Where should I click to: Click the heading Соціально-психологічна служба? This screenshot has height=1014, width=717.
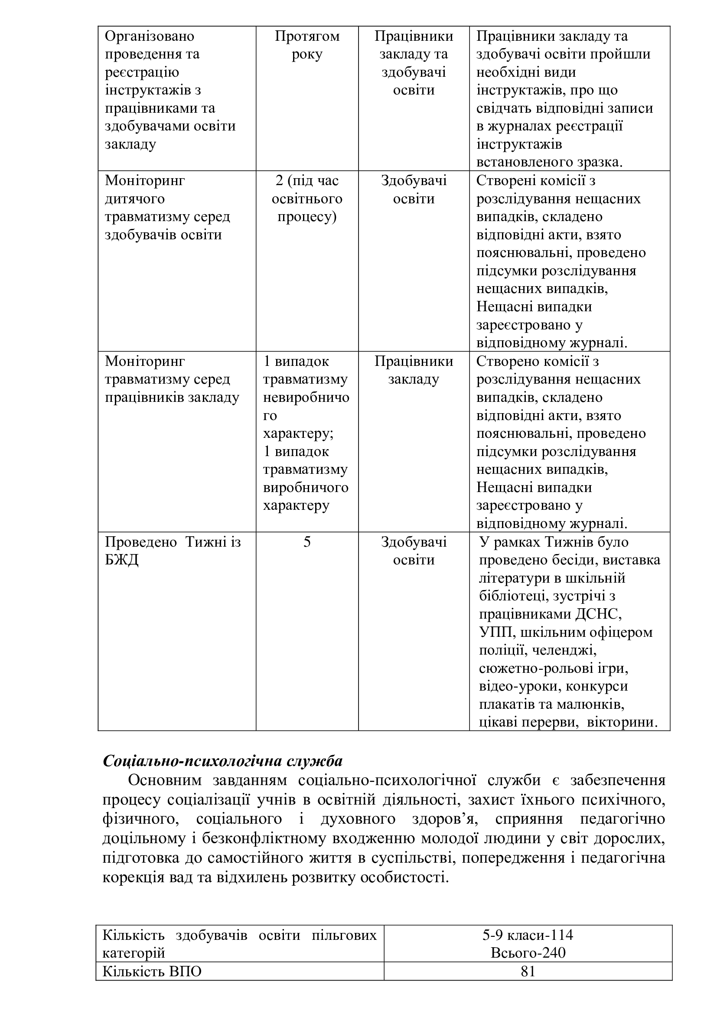tap(222, 761)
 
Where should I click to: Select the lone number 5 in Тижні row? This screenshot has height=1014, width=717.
tap(307, 542)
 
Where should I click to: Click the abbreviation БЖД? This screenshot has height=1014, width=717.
tap(122, 560)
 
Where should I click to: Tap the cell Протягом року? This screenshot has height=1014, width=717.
tap(307, 45)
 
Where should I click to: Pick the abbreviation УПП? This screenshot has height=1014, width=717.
tap(497, 632)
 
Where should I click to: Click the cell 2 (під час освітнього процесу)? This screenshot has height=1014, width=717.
tap(307, 199)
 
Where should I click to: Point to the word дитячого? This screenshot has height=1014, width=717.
tap(135, 199)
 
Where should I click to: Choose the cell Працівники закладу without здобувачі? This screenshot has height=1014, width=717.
tap(414, 371)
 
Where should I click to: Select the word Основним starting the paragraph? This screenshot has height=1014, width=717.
tap(165, 780)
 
